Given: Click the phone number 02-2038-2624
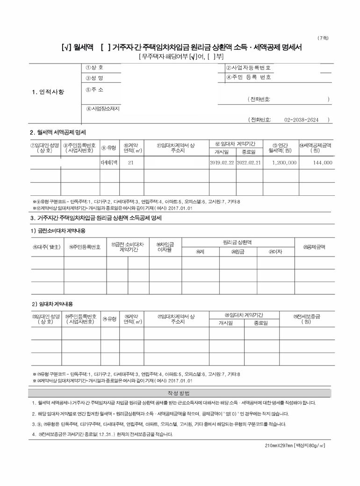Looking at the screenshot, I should click(x=301, y=120).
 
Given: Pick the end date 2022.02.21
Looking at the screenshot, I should click(x=248, y=163).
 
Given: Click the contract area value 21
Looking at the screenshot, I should click(x=131, y=163).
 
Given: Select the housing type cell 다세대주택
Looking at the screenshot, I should click(x=110, y=163).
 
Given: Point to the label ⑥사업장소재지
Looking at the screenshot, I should click(x=103, y=109).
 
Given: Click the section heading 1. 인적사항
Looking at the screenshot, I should click(x=48, y=92).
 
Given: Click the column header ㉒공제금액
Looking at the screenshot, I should click(x=314, y=247).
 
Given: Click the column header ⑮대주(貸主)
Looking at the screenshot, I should click(x=47, y=247).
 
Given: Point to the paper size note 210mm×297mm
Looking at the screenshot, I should click(x=295, y=445).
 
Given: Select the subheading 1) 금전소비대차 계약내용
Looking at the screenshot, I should click(x=58, y=231).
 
